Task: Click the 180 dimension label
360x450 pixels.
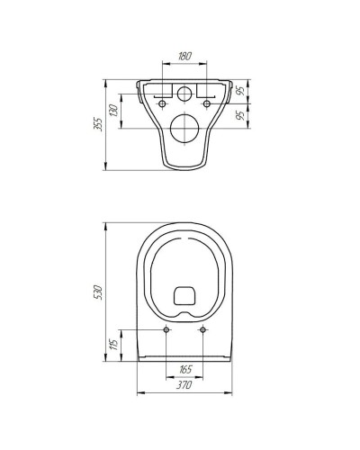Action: pos(184,56)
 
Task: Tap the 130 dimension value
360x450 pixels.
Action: pos(113,111)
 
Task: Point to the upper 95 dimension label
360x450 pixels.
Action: pos(240,90)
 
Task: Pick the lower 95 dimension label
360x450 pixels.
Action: pos(240,115)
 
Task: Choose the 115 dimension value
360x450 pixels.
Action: pos(113,344)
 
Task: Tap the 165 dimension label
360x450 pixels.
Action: pos(185,369)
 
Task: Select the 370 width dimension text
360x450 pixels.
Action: pos(184,385)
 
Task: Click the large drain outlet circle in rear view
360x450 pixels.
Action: pos(184,128)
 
